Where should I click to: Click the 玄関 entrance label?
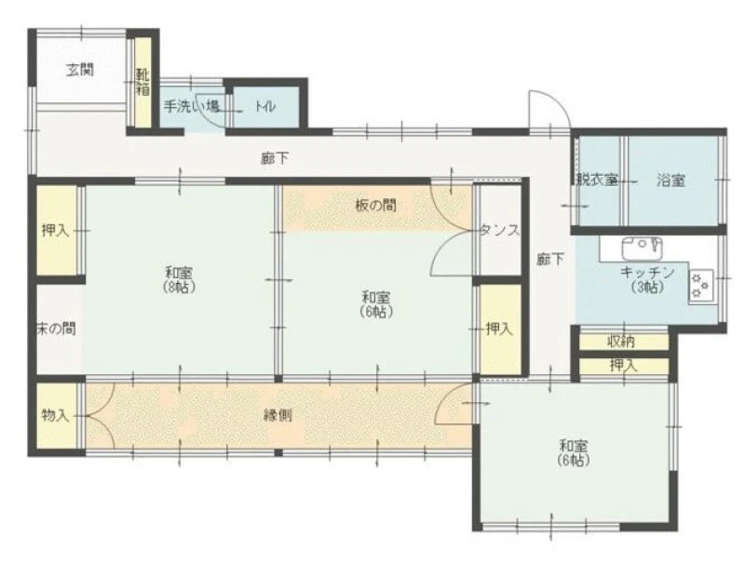pyautogui.click(x=79, y=70)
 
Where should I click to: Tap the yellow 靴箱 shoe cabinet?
pyautogui.click(x=142, y=82)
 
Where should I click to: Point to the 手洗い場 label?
pyautogui.click(x=192, y=106)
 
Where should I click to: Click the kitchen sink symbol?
pyautogui.click(x=642, y=248)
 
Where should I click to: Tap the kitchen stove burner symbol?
pyautogui.click(x=700, y=286)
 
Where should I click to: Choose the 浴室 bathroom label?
pyautogui.click(x=670, y=181)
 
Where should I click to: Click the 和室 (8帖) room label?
pyautogui.click(x=179, y=280)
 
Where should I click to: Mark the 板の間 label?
pyautogui.click(x=376, y=206)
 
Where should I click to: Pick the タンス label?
pyautogui.click(x=500, y=230)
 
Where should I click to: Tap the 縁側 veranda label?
pyautogui.click(x=278, y=416)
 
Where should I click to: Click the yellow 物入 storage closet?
pyautogui.click(x=57, y=415)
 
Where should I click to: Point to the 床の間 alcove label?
pyautogui.click(x=56, y=329)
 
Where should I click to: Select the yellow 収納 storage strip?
pyautogui.click(x=624, y=342)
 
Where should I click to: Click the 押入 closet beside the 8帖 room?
pyautogui.click(x=57, y=230)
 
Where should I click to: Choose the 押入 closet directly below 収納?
pyautogui.click(x=624, y=366)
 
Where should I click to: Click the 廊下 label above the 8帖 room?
pyautogui.click(x=275, y=158)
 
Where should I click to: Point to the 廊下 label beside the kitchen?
pyautogui.click(x=550, y=260)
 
